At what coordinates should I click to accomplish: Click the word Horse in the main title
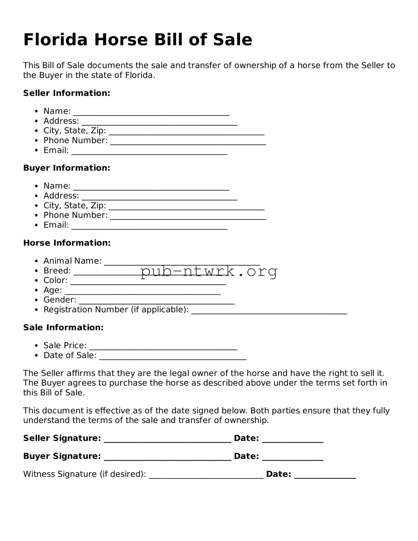point(121,40)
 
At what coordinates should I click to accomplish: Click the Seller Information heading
point(67,93)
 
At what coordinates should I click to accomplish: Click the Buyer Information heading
point(67,168)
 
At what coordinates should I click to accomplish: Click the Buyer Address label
point(61,196)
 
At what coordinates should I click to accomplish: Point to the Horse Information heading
point(67,243)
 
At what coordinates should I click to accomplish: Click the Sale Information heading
point(63,327)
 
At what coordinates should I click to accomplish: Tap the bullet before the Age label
point(36,290)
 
